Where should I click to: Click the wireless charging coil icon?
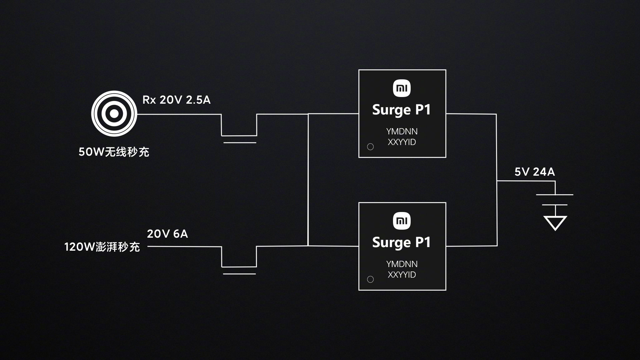point(114,114)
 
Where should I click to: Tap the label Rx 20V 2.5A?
point(176,100)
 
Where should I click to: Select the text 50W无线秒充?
point(114,152)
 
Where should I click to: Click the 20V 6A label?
point(167,234)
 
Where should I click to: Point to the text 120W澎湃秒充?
point(102,247)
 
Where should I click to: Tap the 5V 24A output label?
point(535,172)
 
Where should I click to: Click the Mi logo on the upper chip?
point(402,88)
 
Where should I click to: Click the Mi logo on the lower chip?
point(402,221)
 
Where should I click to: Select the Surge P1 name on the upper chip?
point(401,110)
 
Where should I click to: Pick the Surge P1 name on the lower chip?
point(401,243)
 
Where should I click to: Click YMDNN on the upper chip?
point(402,131)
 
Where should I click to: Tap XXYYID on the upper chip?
point(402,142)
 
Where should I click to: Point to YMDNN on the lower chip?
point(402,264)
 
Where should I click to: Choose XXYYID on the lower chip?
point(402,275)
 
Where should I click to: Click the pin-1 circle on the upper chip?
point(370,147)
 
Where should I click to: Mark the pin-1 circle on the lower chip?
point(370,279)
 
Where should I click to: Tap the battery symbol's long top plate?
point(555,195)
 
